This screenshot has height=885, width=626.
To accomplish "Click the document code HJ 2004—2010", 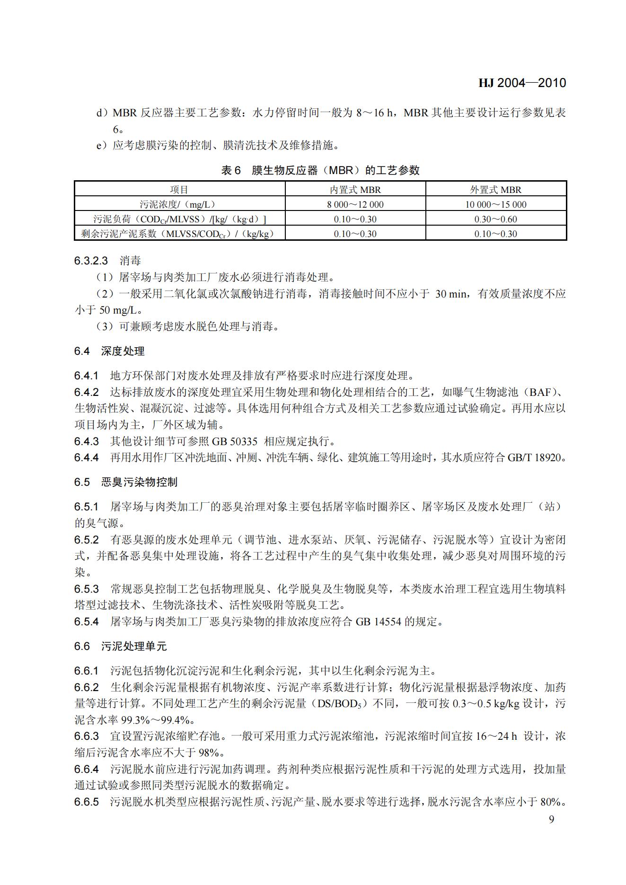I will click(x=522, y=83).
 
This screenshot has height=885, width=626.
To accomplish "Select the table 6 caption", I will click(x=320, y=170).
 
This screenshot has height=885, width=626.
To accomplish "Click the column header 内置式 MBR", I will click(x=355, y=190).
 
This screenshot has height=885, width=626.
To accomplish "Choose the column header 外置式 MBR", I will click(x=495, y=190).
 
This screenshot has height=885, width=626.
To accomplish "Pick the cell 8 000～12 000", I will click(x=355, y=205).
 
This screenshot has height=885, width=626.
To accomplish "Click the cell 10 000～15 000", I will click(x=495, y=205).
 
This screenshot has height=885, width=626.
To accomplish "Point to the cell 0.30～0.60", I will click(x=495, y=219).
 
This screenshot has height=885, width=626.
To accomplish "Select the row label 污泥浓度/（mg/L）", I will click(x=179, y=205).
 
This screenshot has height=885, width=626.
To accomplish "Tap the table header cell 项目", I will click(x=179, y=190).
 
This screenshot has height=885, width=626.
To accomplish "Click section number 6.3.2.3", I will click(x=91, y=261).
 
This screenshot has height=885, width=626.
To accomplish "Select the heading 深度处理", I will click(x=123, y=351).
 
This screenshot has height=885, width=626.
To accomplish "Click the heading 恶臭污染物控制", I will click(x=139, y=482).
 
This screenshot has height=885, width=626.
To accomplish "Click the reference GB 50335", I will click(x=234, y=441).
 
